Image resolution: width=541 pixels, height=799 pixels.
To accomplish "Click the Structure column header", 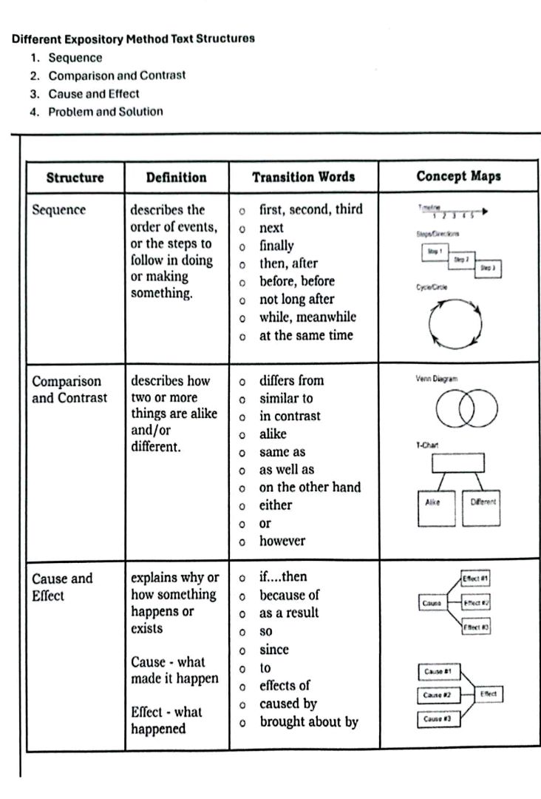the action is coord(75,178).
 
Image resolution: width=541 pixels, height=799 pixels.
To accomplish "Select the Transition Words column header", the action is coord(303,177).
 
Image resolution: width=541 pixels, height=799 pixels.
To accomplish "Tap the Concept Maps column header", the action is coord(458,176).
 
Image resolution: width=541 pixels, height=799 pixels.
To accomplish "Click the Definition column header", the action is coord(176,178).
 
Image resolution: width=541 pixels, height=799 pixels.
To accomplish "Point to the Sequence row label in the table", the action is coord(58,210).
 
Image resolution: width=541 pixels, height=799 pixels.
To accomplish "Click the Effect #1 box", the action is coord(475,578).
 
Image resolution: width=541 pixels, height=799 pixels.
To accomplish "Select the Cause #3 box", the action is coord(439,718).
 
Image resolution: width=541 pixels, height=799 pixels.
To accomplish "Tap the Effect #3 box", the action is coord(475,627).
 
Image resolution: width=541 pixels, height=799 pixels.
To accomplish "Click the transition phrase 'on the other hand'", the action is coord(310,488).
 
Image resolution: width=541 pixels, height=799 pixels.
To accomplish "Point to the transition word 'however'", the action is coord(282,541).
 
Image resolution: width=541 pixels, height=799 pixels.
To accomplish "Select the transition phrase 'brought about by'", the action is coord(308,721).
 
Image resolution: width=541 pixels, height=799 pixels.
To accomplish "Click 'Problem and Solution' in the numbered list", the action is coord(105,112).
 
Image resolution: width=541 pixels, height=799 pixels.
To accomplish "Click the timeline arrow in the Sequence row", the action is coord(458,213).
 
